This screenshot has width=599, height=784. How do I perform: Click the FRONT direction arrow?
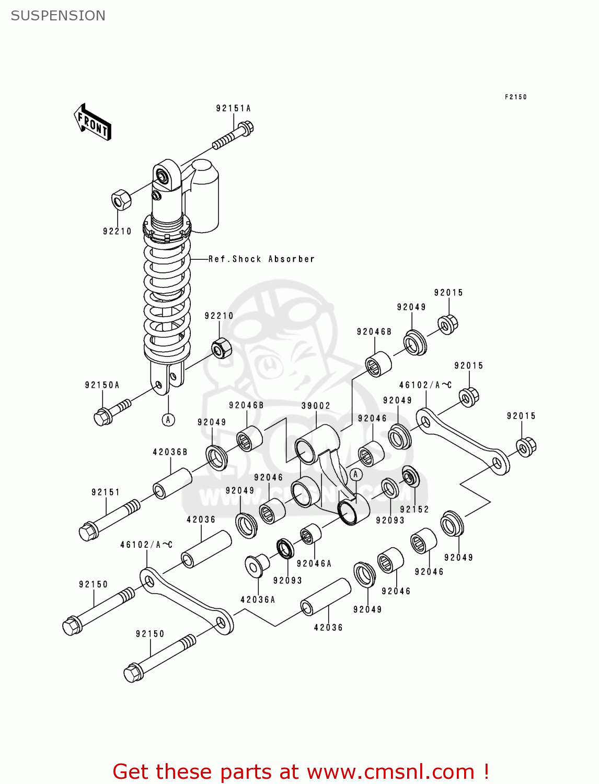click(93, 122)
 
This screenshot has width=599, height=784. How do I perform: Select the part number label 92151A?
click(233, 108)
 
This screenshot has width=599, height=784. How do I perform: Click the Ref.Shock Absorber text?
click(261, 259)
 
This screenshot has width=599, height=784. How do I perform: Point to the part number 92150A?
click(102, 385)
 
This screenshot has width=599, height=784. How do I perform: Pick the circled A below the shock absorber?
click(168, 419)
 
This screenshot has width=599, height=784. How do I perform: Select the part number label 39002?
click(316, 406)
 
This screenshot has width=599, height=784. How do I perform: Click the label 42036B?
click(170, 452)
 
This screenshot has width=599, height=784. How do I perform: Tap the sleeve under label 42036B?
click(172, 483)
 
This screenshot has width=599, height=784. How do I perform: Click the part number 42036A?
click(258, 599)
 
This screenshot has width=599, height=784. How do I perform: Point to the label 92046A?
click(314, 563)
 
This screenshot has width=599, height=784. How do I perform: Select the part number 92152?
click(414, 509)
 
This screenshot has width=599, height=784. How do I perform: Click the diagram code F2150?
click(515, 97)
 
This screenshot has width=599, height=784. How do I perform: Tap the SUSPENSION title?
click(58, 16)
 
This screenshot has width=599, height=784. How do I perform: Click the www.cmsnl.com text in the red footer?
click(390, 771)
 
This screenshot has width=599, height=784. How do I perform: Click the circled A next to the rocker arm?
click(355, 474)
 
